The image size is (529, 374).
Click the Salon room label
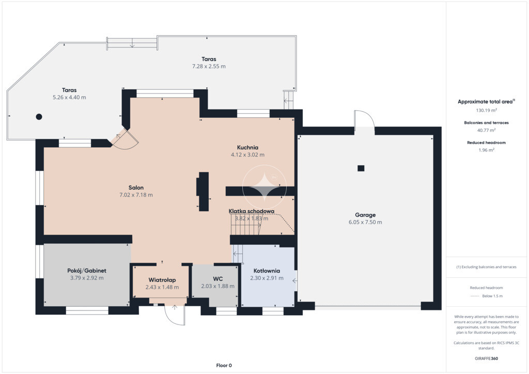[136, 188]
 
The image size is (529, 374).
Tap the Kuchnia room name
[247, 147]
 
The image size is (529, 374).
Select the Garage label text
[365, 215]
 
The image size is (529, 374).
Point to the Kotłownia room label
[267, 271]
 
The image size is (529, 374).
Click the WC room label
[217, 279]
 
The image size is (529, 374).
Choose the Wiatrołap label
[162, 280]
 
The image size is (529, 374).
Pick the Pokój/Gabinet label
[87, 271]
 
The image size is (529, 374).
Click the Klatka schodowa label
[252, 211]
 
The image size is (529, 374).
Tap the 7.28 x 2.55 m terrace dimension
[209, 67]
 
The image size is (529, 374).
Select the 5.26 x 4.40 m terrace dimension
[69, 98]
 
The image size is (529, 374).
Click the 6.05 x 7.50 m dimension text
[365, 222]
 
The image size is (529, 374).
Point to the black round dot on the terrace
[39, 117]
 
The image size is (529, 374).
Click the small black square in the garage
[361, 168]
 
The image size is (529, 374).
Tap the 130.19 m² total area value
[487, 110]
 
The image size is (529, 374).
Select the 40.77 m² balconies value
[487, 130]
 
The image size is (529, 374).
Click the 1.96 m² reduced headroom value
[487, 150]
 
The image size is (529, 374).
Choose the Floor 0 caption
[224, 365]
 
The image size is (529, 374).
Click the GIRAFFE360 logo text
[487, 359]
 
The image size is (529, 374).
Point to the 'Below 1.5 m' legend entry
[492, 296]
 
